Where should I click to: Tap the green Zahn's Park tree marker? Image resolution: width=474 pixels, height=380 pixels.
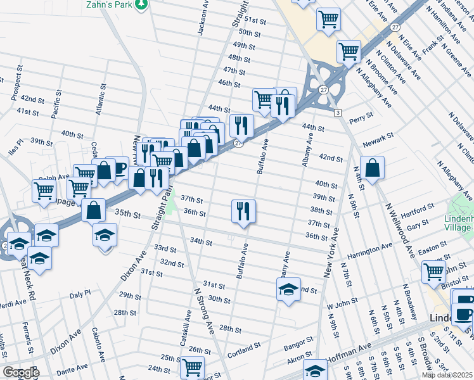coord(143,4)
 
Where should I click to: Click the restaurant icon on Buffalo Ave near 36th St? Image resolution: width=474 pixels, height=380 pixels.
coord(243,210)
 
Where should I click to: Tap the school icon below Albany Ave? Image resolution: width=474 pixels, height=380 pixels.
coord(288,289)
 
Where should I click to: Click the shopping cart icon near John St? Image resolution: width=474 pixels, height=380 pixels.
coord(434,272)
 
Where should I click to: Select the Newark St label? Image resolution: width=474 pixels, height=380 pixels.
coord(383,136)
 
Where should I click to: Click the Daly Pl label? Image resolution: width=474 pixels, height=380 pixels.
coord(80,294)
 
